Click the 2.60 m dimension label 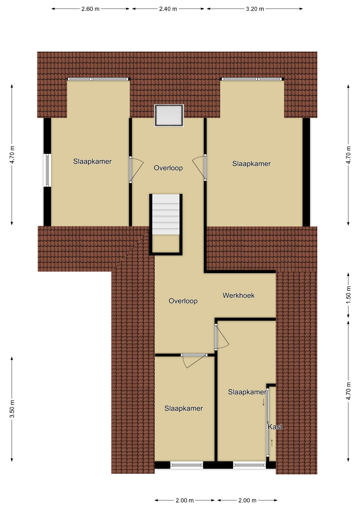[x=90, y=9]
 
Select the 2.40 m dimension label [x=168, y=9]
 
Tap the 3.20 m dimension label [x=255, y=9]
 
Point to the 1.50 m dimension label [x=348, y=295]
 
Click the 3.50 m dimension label [x=12, y=409]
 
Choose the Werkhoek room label [x=239, y=295]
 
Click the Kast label [x=275, y=427]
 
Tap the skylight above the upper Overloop [x=169, y=116]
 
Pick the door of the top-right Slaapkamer [x=199, y=168]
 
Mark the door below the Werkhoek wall [x=222, y=337]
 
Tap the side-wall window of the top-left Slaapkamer [x=47, y=170]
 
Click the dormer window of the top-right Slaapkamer [x=252, y=79]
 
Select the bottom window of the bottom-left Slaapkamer [x=187, y=465]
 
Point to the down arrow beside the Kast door [x=263, y=402]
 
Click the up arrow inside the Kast [x=272, y=443]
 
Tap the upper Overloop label [x=168, y=168]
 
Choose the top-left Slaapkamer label [x=92, y=161]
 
